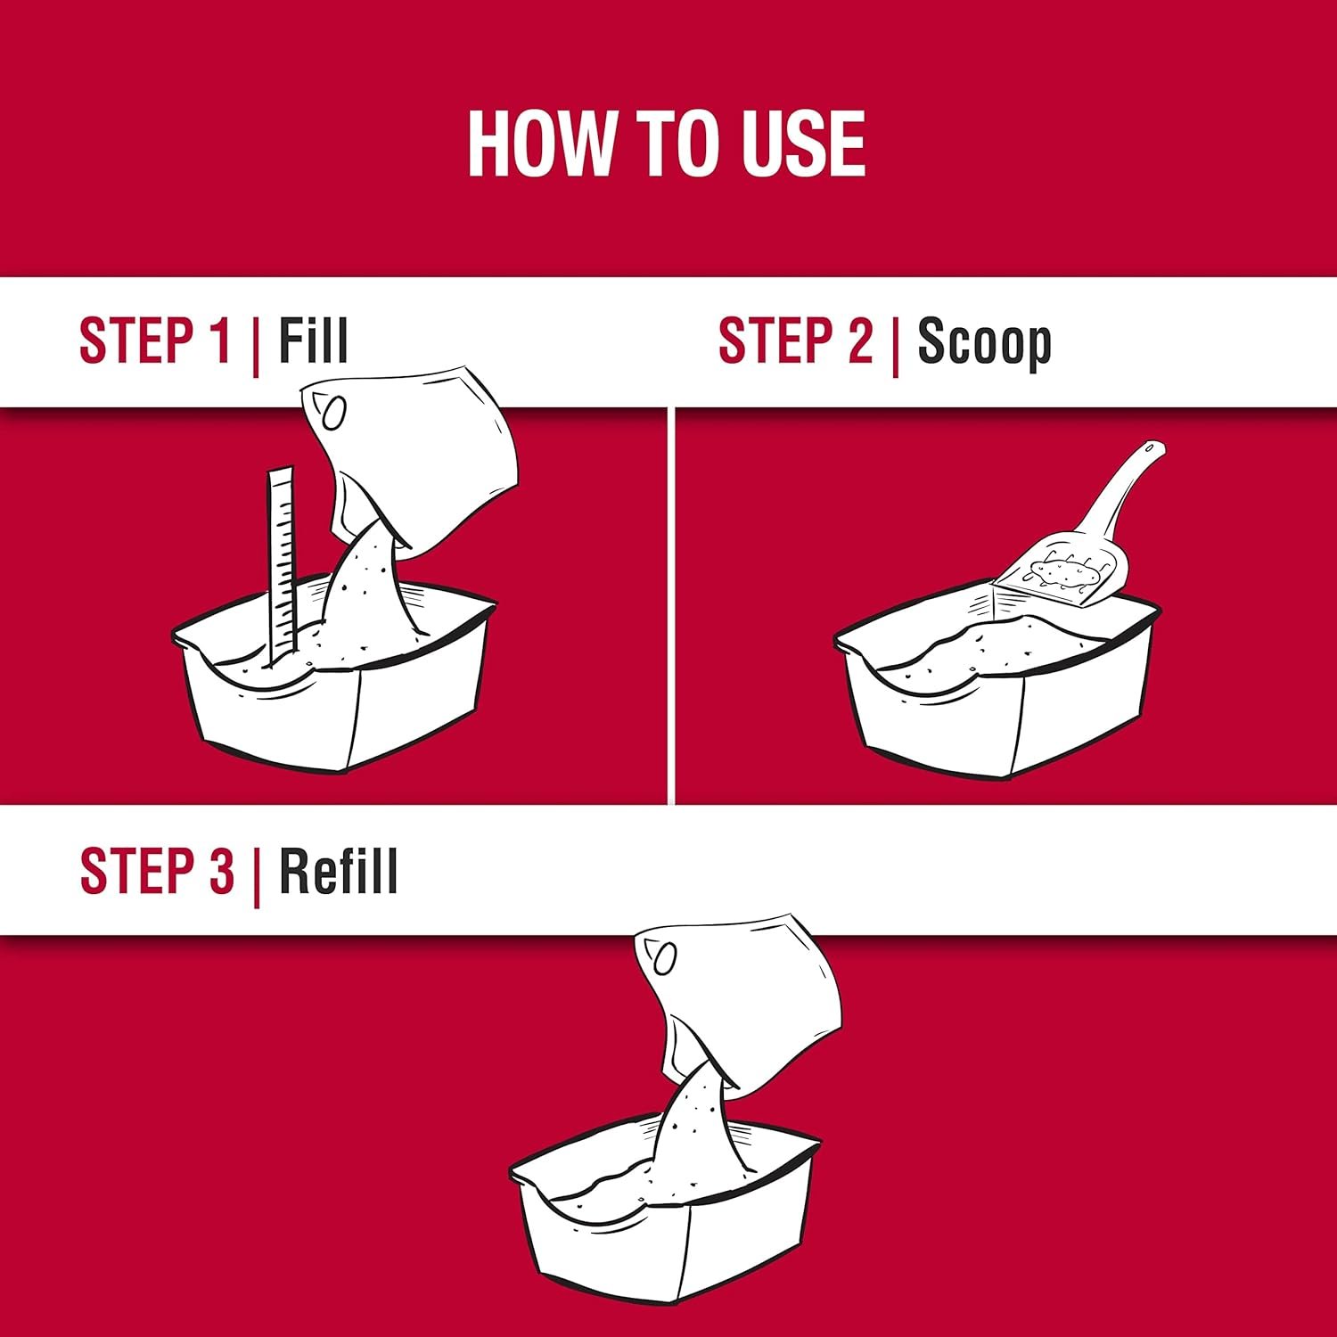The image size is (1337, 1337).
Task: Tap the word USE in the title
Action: click(796, 144)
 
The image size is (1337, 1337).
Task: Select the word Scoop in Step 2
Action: click(984, 342)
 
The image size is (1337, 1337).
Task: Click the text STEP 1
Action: click(155, 340)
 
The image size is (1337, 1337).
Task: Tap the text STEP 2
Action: click(796, 340)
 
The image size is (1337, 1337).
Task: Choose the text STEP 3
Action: click(157, 871)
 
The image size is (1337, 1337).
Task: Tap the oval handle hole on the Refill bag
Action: click(665, 958)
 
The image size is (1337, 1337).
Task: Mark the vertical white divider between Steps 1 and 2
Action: click(671, 605)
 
